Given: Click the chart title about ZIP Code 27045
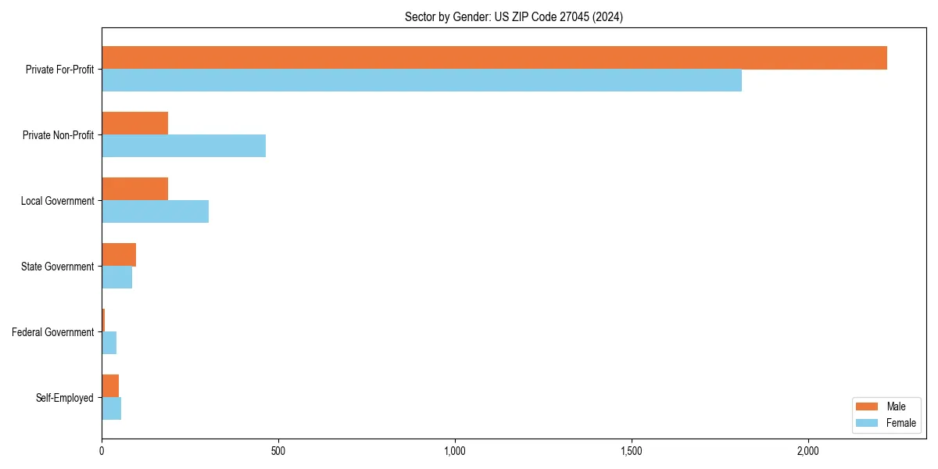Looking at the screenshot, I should (x=514, y=16).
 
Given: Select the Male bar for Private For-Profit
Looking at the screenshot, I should (x=494, y=58).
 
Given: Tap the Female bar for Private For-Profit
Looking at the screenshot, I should (x=421, y=81).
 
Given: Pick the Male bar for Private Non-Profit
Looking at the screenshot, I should (x=134, y=124).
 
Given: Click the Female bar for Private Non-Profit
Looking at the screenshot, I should (x=184, y=146).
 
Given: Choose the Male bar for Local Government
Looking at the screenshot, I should (x=134, y=189).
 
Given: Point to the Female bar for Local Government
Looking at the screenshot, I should (x=155, y=212).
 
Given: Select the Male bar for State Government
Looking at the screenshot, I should (x=119, y=255).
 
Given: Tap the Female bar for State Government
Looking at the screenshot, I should (x=116, y=277).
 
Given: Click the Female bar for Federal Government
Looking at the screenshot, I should (x=109, y=343).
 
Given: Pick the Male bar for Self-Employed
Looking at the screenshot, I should (x=110, y=386).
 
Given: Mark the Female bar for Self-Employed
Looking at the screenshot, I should (x=111, y=409).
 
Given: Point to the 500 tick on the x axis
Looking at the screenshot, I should (x=278, y=451).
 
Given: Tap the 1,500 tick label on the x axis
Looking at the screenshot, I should (x=632, y=451).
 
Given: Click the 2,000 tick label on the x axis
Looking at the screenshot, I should (x=807, y=451).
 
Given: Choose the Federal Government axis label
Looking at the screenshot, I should (x=52, y=332).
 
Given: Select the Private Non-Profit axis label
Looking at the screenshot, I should (x=58, y=135).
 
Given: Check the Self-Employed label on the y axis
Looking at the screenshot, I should (x=64, y=398).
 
